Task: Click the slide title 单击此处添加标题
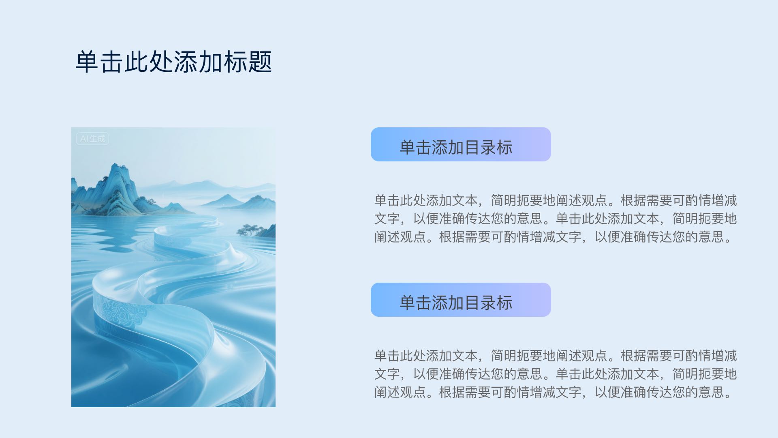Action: tap(173, 62)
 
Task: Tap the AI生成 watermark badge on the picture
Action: tap(92, 139)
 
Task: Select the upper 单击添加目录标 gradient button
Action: tap(461, 144)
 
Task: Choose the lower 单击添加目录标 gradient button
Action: tap(461, 300)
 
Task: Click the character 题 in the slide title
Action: tap(260, 62)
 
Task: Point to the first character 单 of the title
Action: tap(88, 62)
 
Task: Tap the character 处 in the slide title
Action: tap(161, 62)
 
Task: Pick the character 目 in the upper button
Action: tap(472, 147)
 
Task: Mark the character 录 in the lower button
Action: tap(488, 303)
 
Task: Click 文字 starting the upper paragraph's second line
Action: tap(387, 219)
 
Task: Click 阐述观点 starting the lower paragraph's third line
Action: tap(400, 392)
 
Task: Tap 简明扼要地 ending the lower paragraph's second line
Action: tap(705, 374)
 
